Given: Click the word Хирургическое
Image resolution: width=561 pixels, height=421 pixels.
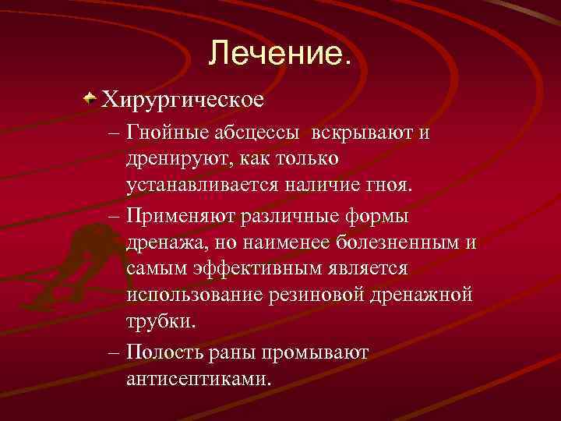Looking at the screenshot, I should (185, 100).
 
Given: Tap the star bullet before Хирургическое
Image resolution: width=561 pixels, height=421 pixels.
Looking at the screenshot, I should (92, 99).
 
